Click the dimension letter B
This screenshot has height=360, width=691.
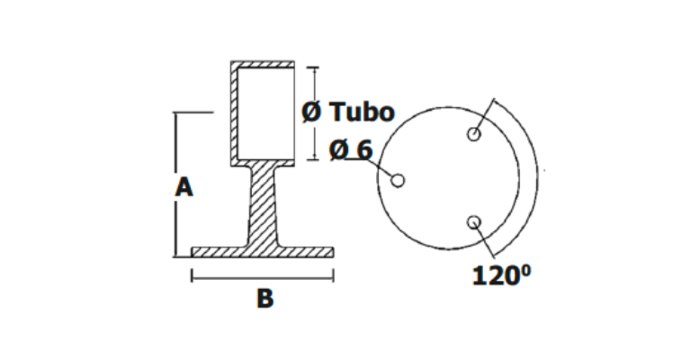tap(265, 299)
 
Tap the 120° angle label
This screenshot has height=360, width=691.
tap(502, 275)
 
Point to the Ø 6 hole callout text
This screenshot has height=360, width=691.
tap(351, 148)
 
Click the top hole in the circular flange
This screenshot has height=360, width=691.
tap(474, 135)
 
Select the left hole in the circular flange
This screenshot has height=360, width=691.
tap(398, 180)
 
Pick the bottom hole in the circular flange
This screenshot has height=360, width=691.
tap(474, 222)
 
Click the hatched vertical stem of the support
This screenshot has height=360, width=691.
tap(263, 207)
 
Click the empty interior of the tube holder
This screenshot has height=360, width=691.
tap(266, 112)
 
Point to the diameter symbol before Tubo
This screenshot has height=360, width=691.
tap(310, 112)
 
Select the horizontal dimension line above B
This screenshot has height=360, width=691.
tap(263, 276)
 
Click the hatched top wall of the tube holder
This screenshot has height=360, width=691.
tap(263, 64)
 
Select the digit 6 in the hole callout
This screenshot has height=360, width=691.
tap(363, 148)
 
